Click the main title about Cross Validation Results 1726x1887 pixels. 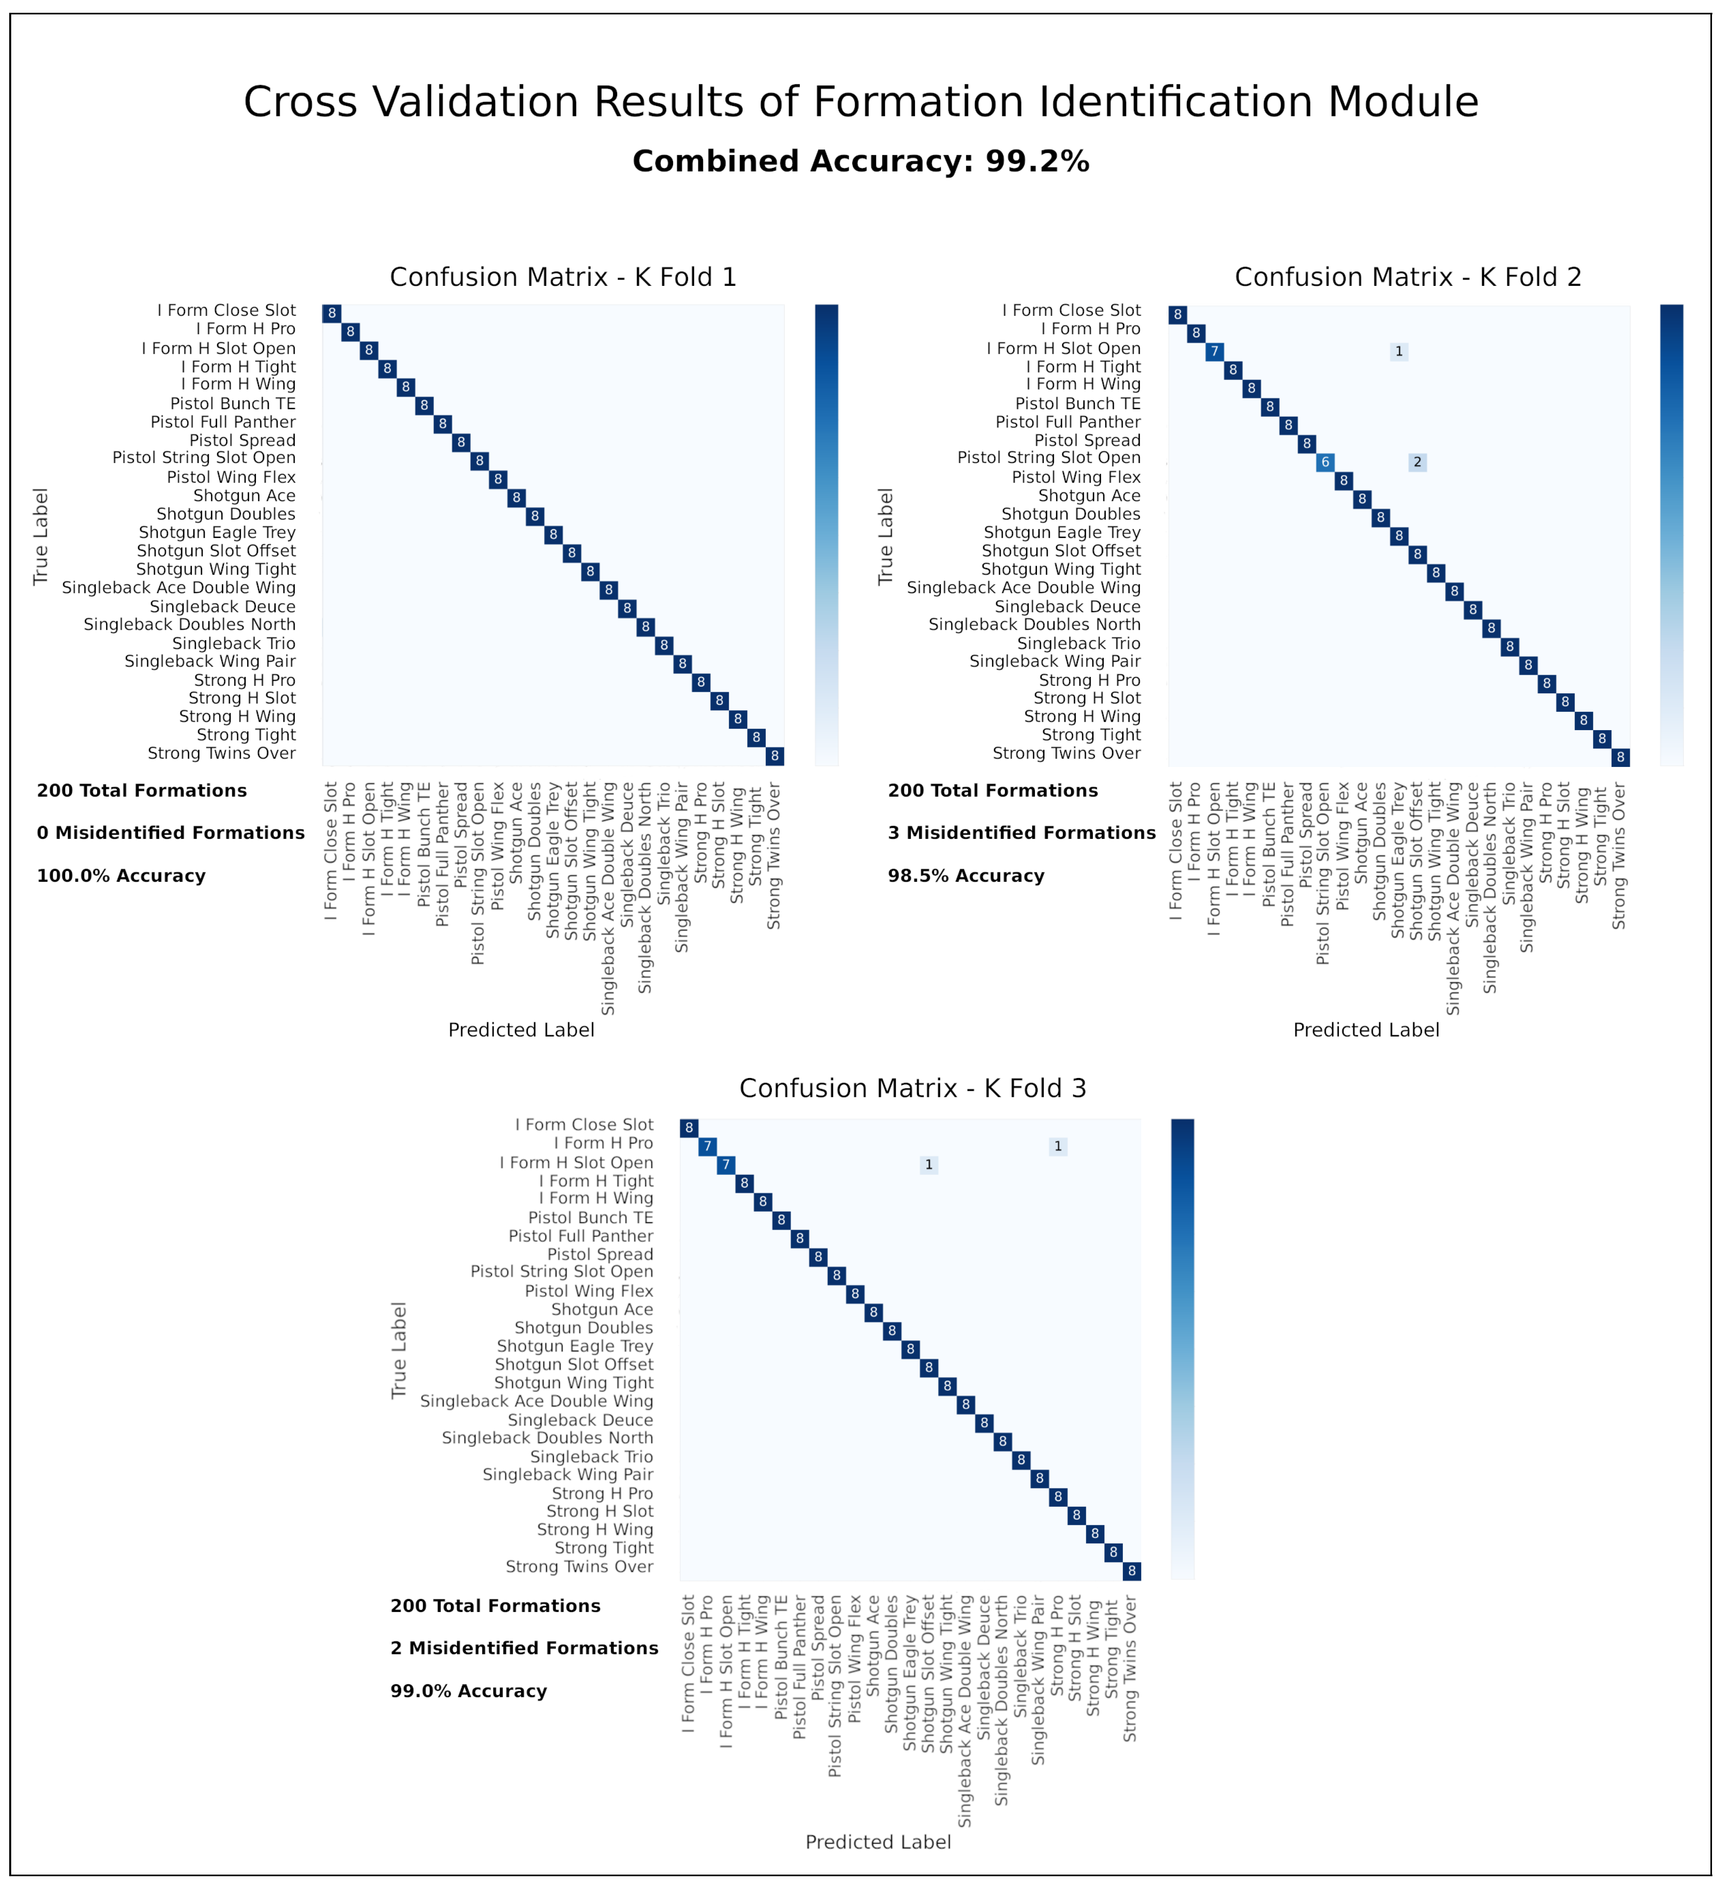[861, 102]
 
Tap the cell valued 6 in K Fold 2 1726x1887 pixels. [1325, 462]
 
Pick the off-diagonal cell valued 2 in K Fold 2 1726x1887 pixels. [1418, 462]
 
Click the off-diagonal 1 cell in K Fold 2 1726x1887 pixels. [1399, 352]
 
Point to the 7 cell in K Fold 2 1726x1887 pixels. [1215, 352]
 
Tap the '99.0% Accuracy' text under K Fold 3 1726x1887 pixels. [469, 1691]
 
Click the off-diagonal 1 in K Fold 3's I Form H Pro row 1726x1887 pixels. [1059, 1146]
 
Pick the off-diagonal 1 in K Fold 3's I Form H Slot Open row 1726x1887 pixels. [929, 1165]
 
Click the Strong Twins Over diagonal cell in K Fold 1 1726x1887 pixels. [775, 756]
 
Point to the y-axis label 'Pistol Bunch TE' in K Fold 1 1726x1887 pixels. [233, 403]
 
